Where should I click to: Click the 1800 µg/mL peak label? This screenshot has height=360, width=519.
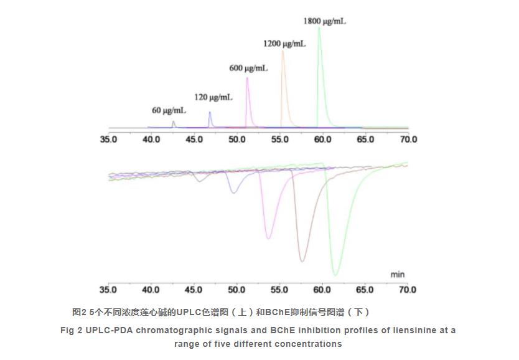324,21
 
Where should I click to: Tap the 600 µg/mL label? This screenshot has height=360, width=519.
248,69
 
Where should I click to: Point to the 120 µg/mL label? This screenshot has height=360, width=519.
213,97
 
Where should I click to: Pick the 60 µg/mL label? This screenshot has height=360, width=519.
169,110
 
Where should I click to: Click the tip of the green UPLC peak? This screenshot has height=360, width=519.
319,27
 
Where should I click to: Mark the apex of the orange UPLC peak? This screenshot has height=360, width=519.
283,51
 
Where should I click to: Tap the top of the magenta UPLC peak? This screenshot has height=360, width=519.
247,78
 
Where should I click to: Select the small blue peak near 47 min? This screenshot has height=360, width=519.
210,113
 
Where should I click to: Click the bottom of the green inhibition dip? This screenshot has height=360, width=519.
335,275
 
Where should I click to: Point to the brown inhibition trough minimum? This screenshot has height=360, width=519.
302,261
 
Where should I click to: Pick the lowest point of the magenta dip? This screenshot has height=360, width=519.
268,238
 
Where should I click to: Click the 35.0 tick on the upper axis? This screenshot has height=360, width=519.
108,140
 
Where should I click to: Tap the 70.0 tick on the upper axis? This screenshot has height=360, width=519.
408,140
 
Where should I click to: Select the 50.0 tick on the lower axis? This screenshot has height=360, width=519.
236,290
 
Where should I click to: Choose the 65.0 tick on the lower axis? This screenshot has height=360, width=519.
365,290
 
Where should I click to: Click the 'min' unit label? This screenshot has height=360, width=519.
397,274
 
